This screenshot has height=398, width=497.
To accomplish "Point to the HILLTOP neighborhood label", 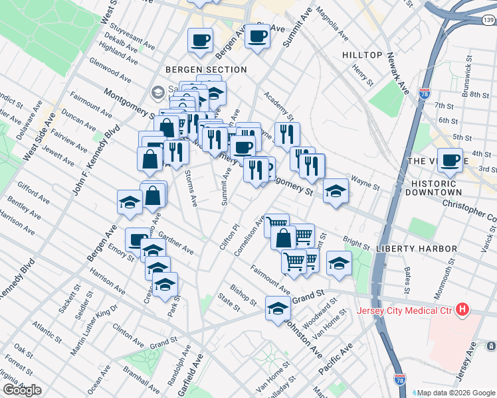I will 362,54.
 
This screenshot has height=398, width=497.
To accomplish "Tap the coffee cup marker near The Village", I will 450,160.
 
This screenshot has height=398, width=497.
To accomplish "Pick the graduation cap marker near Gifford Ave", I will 130,202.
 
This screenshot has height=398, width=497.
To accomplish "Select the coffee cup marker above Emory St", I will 138,239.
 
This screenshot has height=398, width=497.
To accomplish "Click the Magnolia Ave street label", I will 333,24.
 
